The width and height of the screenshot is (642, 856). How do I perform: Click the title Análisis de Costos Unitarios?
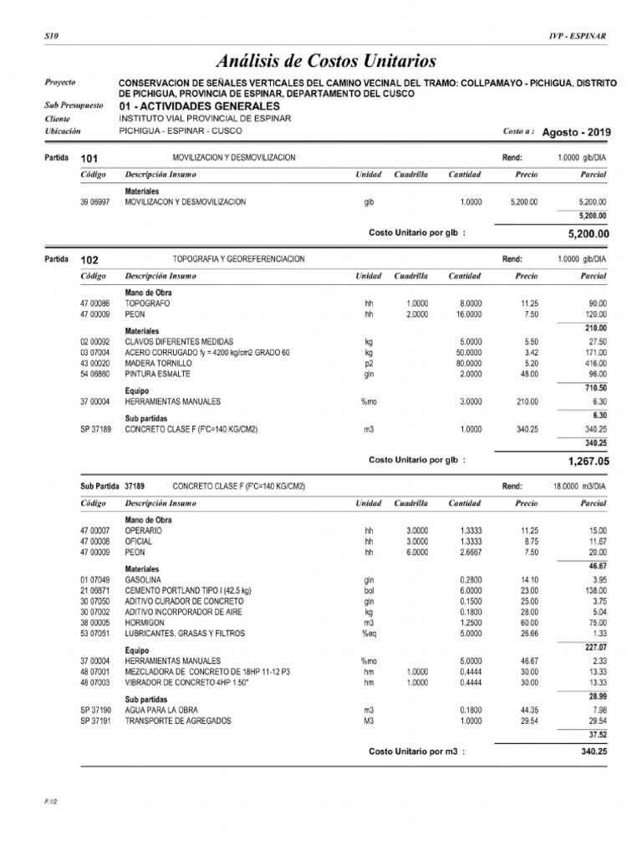tap(326, 60)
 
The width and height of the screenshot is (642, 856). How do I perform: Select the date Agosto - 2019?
tap(576, 132)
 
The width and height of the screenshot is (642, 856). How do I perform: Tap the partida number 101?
tap(89, 158)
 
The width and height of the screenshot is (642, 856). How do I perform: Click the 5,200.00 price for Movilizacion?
tap(523, 202)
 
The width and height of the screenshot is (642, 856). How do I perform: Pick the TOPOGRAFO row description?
tap(148, 303)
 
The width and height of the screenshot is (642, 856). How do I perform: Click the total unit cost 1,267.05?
tap(588, 460)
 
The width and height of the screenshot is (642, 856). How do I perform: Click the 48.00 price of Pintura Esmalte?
tap(527, 374)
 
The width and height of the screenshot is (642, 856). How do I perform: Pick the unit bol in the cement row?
tap(368, 590)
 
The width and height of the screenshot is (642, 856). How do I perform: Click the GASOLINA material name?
tap(144, 579)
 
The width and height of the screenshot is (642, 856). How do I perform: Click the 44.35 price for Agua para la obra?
tap(527, 710)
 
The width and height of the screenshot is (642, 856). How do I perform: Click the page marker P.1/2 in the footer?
tap(50, 801)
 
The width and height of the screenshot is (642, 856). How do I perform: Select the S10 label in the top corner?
tap(49, 36)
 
